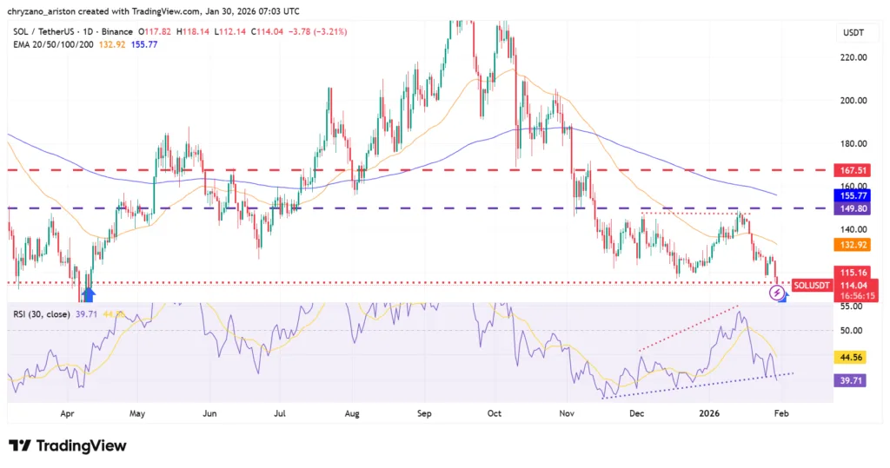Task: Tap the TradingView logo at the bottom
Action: pos(68,445)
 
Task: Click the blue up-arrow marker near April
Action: pos(88,294)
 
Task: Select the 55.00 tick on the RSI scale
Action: pos(852,307)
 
